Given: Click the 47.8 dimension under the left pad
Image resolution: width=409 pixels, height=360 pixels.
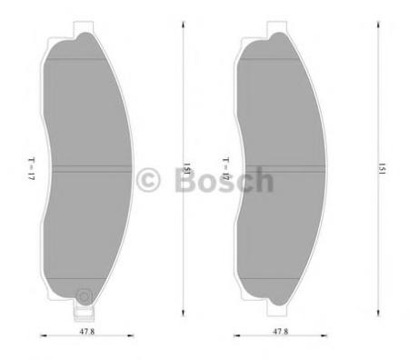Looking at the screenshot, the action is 87,332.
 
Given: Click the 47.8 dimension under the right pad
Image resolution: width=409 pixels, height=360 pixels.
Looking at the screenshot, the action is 280,332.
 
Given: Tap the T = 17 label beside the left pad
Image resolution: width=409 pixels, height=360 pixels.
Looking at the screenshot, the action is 32,169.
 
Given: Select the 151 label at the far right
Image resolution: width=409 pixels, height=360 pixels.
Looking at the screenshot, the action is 382,169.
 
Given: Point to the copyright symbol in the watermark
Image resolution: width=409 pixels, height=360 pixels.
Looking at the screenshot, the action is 148,180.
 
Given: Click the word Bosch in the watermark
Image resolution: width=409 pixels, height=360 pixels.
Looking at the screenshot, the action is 224,180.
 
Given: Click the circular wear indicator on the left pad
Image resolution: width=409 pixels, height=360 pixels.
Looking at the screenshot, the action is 84,295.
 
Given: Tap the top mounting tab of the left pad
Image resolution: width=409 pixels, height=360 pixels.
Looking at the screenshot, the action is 83,27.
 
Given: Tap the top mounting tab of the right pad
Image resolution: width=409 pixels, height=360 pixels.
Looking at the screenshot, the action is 276,27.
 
